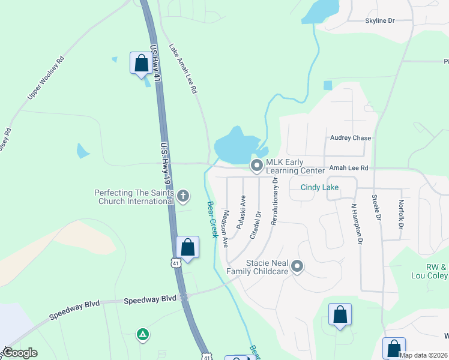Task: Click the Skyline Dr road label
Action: (380, 21)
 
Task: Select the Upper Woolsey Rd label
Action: (45, 79)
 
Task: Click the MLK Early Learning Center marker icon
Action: (257, 165)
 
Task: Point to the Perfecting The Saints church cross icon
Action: (184, 196)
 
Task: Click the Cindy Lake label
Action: (319, 188)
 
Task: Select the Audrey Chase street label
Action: (351, 138)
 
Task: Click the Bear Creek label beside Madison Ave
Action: (212, 220)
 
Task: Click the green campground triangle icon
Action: (143, 334)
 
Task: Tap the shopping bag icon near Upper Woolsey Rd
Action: (141, 62)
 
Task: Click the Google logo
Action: (20, 353)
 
